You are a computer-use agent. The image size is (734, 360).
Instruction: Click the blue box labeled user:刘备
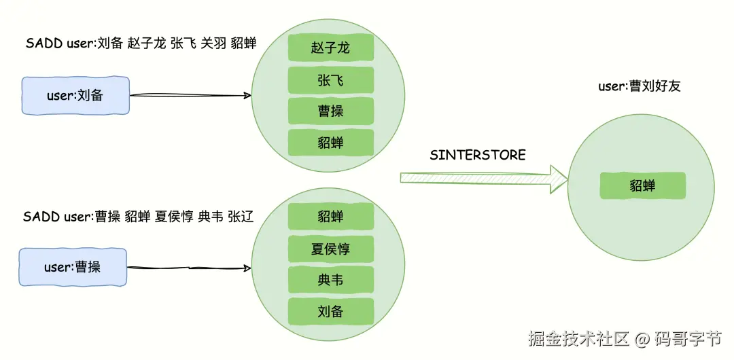[75, 96]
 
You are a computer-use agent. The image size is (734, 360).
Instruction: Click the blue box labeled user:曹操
[73, 267]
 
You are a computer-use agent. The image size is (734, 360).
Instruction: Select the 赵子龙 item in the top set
[330, 48]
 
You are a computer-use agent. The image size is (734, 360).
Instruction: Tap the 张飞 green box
[330, 80]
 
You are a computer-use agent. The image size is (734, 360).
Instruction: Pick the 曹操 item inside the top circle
[330, 111]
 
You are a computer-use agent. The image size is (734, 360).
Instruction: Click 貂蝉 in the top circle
[330, 143]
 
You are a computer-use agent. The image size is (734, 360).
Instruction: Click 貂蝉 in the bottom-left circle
[330, 216]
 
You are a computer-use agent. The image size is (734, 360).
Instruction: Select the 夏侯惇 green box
[330, 249]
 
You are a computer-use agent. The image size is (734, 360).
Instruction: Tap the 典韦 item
[330, 280]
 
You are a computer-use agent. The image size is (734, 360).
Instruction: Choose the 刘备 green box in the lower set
[330, 312]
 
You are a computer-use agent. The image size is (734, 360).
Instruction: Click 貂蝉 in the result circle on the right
[642, 185]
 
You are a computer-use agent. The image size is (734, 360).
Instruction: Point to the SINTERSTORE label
[478, 155]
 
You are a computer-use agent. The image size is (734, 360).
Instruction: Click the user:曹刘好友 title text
[639, 86]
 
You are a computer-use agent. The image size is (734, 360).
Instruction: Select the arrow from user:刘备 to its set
[190, 96]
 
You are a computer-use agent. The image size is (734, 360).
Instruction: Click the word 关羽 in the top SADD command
[212, 43]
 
